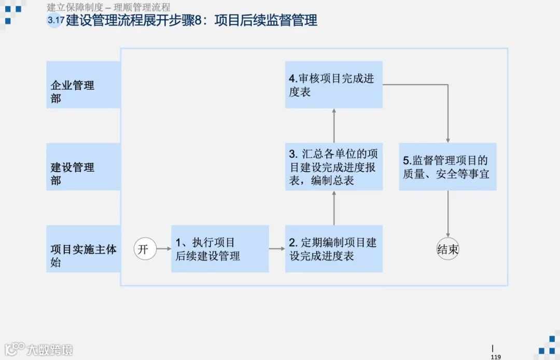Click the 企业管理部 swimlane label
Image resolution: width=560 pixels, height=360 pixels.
point(83,85)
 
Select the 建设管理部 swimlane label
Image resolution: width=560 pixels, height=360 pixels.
point(83,167)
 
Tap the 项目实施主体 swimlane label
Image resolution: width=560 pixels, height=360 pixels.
point(83,249)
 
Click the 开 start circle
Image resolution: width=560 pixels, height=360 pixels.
point(145,249)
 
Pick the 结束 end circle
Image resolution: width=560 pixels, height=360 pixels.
point(448,249)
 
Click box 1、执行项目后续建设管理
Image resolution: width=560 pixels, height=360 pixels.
point(220,249)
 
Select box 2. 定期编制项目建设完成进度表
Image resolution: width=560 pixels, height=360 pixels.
point(333,249)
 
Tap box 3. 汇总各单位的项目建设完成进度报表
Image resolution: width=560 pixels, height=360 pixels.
point(333,167)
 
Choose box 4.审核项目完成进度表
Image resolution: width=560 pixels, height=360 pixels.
point(333,85)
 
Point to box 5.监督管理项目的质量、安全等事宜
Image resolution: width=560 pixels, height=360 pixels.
point(447,167)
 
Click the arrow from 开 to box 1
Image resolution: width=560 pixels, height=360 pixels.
point(164,249)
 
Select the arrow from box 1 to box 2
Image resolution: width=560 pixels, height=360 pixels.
point(277,249)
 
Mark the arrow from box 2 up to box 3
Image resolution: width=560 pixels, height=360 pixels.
point(334,207)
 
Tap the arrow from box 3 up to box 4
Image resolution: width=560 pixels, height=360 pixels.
point(334,126)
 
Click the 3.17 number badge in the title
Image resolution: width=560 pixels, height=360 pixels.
point(53,21)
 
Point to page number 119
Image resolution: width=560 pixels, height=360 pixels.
point(495,356)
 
